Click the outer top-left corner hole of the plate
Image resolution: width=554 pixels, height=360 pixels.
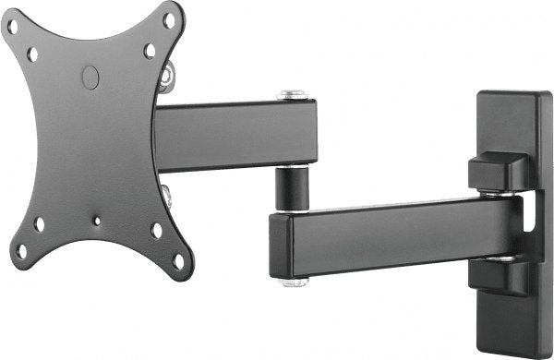12,26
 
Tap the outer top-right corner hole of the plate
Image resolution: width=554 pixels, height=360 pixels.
169,18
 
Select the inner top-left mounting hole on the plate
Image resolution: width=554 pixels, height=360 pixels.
32,54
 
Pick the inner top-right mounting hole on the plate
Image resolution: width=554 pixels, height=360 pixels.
150,51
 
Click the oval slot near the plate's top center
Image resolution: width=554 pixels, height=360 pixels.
90,78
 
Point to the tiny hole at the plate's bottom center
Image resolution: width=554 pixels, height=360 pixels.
97,221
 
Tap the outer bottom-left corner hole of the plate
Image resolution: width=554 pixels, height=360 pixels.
20,250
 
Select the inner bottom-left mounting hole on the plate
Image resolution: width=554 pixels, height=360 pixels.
40,223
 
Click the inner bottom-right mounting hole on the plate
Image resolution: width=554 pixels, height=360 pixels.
157,230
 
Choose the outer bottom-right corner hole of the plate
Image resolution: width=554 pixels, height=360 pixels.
178,261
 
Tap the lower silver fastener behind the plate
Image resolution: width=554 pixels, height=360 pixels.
167,195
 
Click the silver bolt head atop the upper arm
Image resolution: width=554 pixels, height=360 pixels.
294,94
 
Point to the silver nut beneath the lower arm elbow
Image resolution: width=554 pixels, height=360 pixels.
295,281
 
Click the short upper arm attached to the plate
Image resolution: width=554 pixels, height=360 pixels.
235,134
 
